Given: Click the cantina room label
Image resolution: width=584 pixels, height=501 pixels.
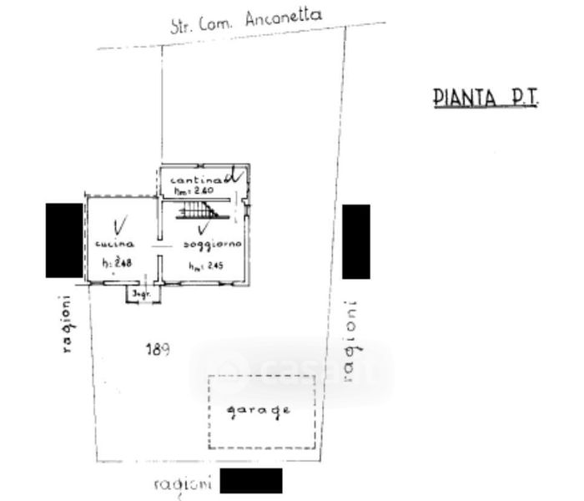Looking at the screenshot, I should coord(195,180).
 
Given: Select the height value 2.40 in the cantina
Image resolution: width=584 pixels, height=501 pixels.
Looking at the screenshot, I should coord(194,191).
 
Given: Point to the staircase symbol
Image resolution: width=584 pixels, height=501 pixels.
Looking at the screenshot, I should coord(200,206).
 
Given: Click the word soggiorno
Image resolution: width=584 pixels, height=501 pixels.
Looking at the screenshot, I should coord(213,244).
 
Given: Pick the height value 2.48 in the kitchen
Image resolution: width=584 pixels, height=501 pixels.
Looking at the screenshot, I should coord(118,265).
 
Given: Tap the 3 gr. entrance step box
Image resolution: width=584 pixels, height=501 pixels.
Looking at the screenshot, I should coord(139,295).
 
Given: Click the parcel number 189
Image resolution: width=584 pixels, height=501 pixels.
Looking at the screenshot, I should coord(159,350).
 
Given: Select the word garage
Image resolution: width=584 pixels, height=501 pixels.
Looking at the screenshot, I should coord(262,410).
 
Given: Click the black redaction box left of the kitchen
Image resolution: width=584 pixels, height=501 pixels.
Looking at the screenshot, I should coord(63,240).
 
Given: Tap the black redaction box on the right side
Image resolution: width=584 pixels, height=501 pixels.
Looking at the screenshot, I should coord(355,241).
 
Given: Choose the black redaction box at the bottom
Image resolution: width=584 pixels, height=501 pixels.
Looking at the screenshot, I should coord(250,481).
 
